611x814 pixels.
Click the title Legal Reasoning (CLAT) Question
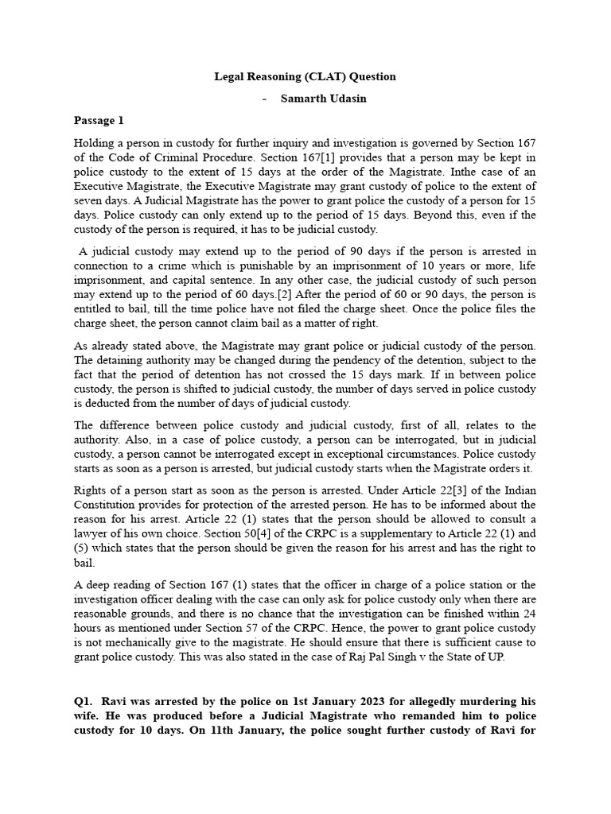(x=305, y=76)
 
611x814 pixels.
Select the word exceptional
(x=321, y=454)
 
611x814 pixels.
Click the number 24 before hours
(x=528, y=614)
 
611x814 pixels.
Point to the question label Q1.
(x=84, y=702)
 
